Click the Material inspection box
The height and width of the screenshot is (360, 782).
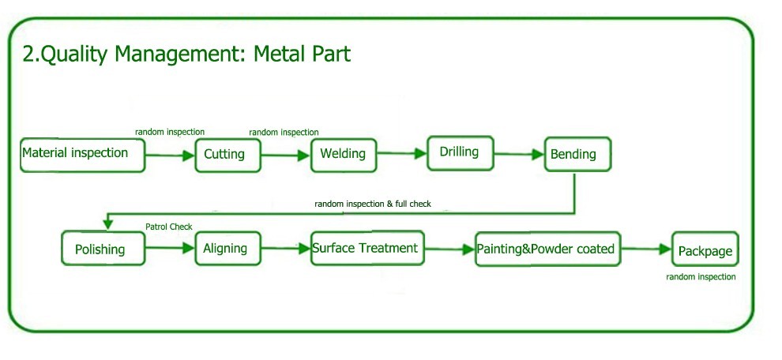[83, 155]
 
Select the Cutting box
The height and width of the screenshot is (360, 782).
[227, 155]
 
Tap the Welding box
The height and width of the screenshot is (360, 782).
[344, 154]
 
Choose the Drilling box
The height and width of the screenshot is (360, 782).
[459, 152]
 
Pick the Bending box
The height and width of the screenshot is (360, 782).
[577, 154]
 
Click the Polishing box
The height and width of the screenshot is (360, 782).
[103, 249]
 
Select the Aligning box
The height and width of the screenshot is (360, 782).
[227, 249]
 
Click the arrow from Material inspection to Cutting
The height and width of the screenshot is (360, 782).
[170, 156]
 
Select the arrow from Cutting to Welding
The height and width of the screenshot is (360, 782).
[286, 156]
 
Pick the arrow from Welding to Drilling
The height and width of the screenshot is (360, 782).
[402, 155]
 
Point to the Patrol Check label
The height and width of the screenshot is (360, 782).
[168, 227]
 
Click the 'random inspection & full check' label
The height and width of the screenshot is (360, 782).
[373, 204]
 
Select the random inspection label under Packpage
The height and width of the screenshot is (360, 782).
[701, 277]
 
